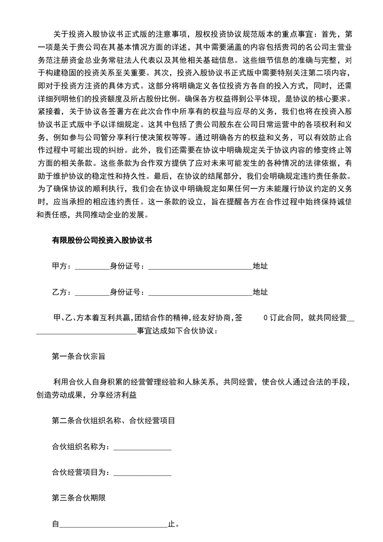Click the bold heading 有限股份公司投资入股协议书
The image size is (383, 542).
pyautogui.click(x=102, y=240)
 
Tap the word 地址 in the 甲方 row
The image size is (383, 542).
pyautogui.click(x=261, y=266)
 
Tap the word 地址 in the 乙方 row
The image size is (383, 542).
pyautogui.click(x=261, y=292)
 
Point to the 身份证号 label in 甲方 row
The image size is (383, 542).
pyautogui.click(x=126, y=266)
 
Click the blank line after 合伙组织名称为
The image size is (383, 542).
pyautogui.click(x=142, y=448)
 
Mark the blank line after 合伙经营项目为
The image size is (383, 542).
pyautogui.click(x=142, y=474)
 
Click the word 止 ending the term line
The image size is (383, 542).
pyautogui.click(x=171, y=524)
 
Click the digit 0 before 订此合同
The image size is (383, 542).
pyautogui.click(x=265, y=318)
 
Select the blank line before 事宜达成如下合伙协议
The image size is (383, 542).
pyautogui.click(x=86, y=333)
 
